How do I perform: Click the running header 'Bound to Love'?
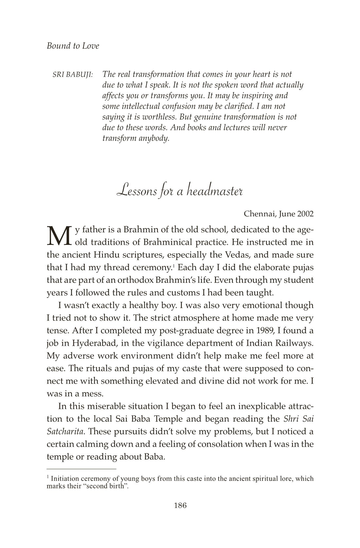73,46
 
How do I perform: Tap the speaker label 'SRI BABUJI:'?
73,75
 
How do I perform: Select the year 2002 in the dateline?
305,214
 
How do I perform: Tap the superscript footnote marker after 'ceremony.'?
173,265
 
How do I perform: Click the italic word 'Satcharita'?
66,431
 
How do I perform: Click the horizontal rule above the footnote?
81,469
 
